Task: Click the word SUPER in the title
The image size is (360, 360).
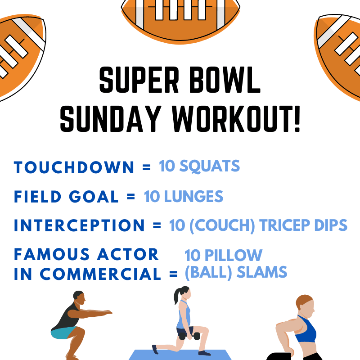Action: click(x=139, y=80)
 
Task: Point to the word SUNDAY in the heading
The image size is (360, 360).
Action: click(x=110, y=119)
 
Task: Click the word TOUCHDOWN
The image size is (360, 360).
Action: click(x=74, y=167)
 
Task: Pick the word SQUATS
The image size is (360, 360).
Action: click(x=209, y=166)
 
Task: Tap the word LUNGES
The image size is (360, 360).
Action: click(x=193, y=197)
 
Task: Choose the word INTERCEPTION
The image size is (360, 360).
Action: click(x=79, y=225)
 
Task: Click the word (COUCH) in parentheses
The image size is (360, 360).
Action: click(x=222, y=225)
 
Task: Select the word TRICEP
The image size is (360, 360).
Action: click(x=285, y=225)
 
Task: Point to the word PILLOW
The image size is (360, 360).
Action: click(x=233, y=255)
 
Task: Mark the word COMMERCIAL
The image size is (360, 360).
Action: click(x=100, y=274)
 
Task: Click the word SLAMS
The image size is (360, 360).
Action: click(x=262, y=272)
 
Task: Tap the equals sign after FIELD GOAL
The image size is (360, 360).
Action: click(x=130, y=197)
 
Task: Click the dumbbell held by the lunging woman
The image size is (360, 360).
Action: click(x=189, y=336)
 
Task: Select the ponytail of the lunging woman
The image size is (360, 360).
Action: click(x=177, y=296)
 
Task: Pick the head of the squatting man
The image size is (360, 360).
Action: click(x=79, y=298)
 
